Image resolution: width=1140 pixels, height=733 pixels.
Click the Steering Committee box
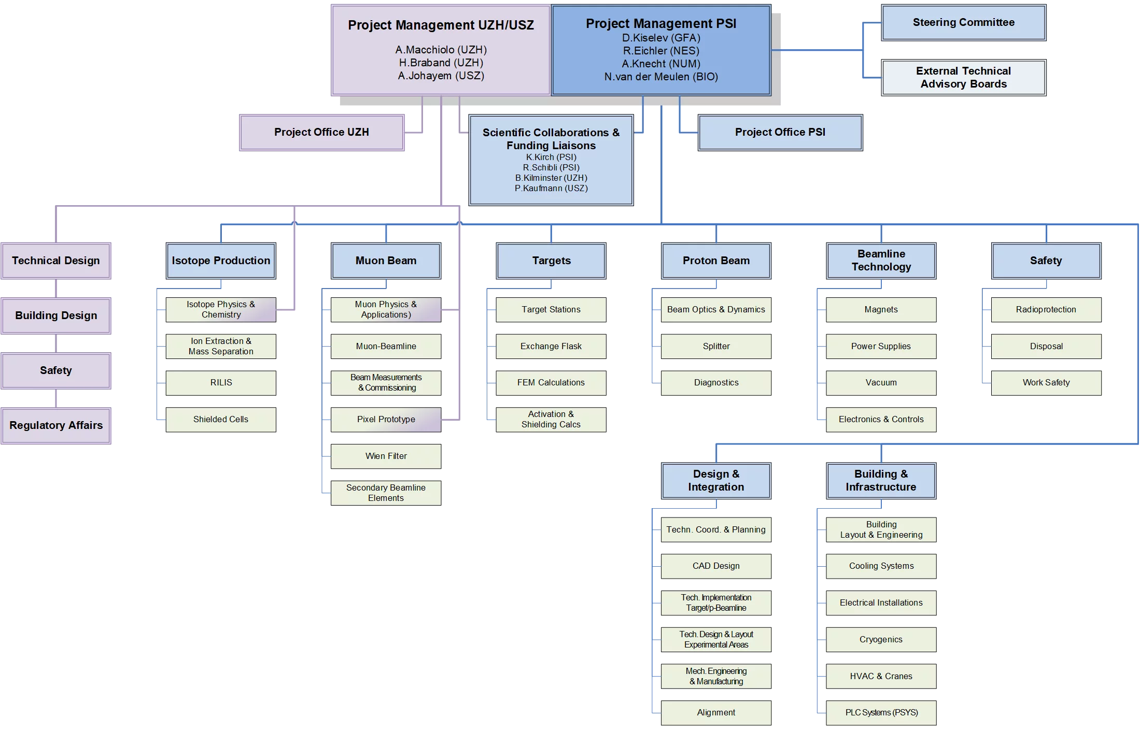coord(963,23)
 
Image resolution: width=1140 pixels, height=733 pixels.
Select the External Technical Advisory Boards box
coord(963,78)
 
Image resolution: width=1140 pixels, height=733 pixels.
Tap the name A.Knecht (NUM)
coord(661,64)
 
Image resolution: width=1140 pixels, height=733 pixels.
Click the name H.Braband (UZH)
coord(441,63)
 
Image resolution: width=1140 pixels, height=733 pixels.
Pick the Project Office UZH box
coord(321,133)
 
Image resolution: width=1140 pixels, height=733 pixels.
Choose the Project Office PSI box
coord(780,133)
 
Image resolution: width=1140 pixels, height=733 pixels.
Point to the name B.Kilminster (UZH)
coord(551,178)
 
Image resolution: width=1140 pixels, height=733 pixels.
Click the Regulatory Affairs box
coord(56,426)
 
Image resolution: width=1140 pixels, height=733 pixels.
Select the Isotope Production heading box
coord(221,261)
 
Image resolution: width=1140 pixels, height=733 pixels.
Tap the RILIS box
coord(221,383)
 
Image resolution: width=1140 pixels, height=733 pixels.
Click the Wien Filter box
coord(386,456)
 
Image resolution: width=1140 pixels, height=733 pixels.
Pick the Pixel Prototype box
coord(386,420)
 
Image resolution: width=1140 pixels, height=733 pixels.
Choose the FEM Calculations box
coord(551,383)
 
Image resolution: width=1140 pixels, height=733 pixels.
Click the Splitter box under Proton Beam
coord(716,347)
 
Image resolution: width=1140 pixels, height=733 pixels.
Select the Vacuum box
coord(881,383)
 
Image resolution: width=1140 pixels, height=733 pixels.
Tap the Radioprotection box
coord(1046,310)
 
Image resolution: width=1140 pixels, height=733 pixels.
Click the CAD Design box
coord(716,566)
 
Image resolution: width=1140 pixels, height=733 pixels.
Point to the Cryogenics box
coord(881,640)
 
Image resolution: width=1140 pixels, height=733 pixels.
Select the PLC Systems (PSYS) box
coord(881,713)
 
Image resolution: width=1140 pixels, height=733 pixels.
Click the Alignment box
coord(716,713)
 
